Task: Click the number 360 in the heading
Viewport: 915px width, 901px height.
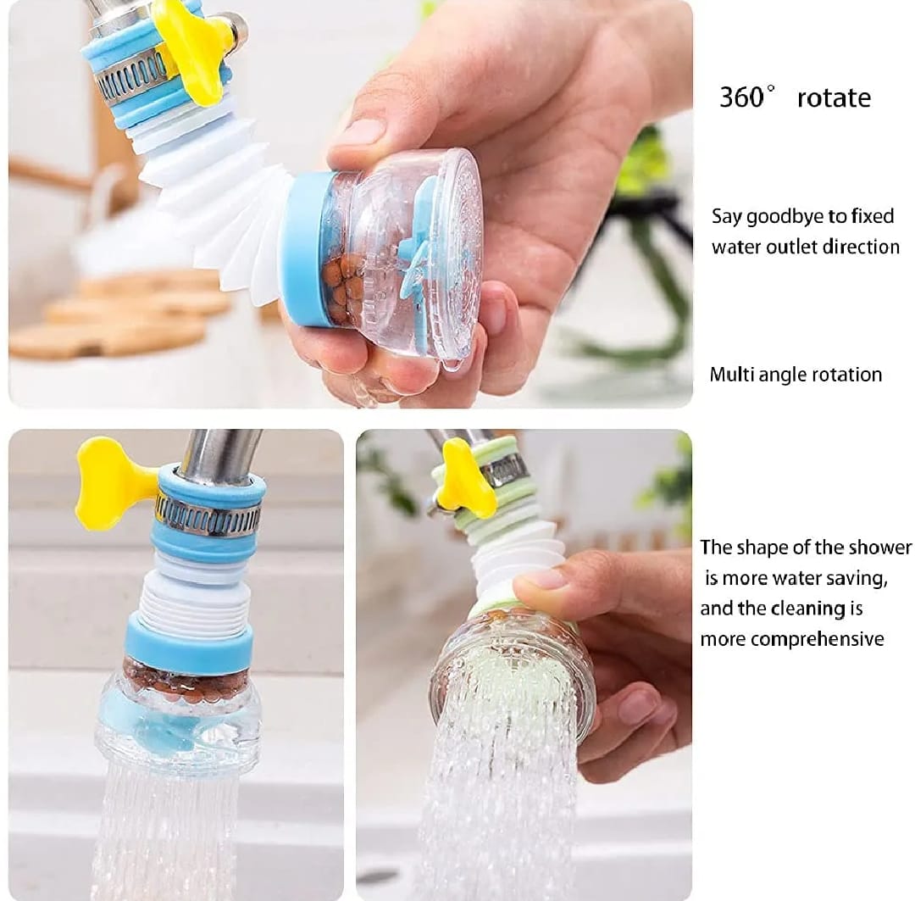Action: [x=741, y=97]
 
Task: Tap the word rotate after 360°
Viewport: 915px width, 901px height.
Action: [x=834, y=98]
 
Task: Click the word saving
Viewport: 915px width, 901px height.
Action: [x=860, y=579]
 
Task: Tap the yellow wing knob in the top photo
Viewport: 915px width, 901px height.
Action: [x=192, y=53]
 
